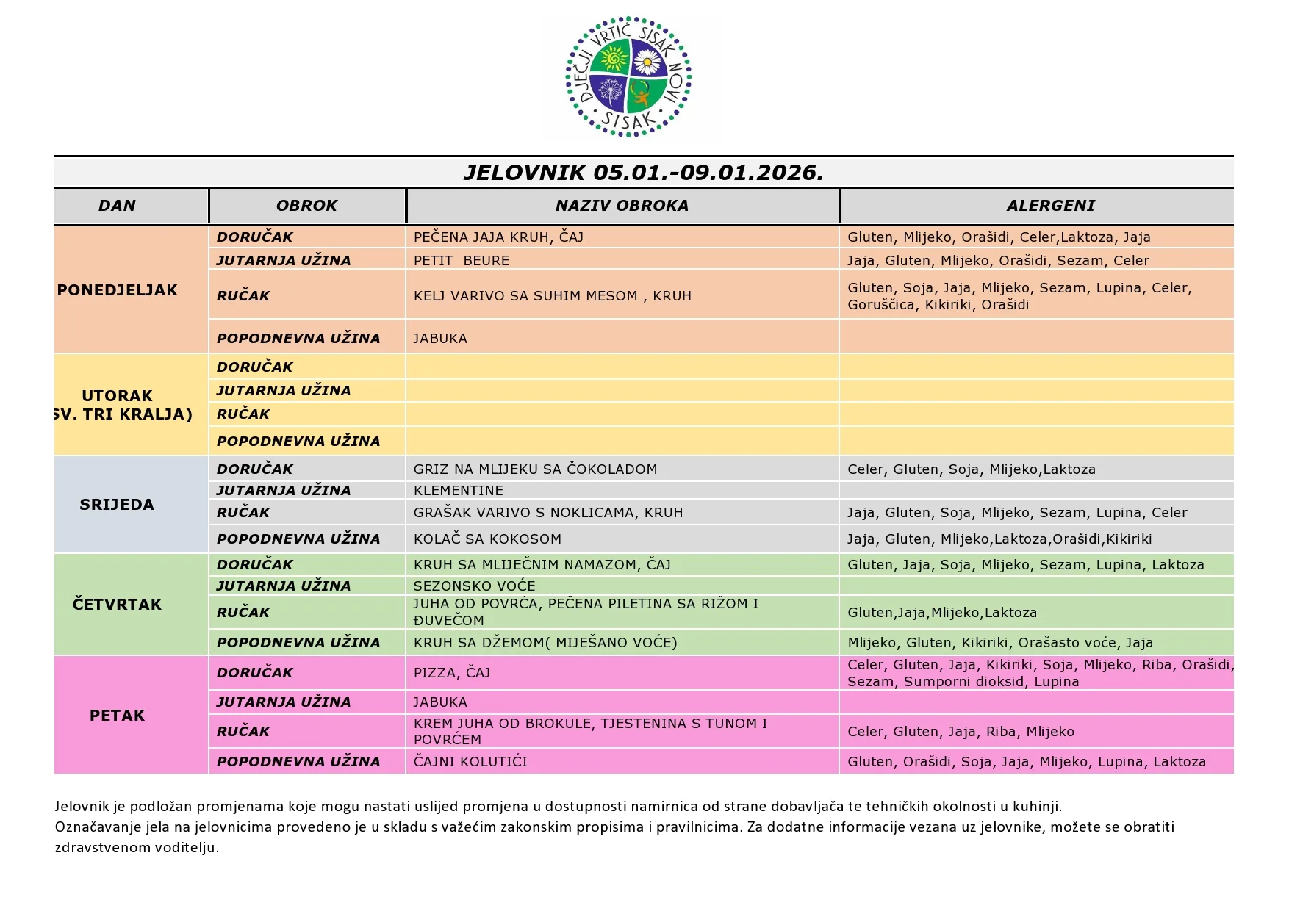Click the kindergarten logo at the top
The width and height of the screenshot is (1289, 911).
629,76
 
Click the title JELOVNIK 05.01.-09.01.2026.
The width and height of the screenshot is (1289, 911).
643,173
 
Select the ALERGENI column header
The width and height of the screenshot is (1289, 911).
1050,206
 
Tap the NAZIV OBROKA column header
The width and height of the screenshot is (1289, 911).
622,206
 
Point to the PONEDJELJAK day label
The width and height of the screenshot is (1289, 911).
118,290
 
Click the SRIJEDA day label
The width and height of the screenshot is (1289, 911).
117,505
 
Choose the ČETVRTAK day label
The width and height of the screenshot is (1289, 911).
117,605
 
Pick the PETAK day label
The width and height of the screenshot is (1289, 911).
117,716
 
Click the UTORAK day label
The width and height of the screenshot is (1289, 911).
117,396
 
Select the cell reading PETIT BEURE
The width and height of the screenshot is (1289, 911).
461,261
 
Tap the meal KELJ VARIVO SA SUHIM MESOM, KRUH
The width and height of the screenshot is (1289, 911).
552,296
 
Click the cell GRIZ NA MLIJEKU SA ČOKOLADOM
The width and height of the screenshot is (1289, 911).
535,469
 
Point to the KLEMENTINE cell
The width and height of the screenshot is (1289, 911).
458,491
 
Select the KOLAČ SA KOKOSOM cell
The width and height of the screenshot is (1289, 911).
487,539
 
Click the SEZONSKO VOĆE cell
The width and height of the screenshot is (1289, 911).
474,586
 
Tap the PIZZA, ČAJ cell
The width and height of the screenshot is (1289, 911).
451,673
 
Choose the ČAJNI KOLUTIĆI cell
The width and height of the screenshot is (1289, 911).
470,762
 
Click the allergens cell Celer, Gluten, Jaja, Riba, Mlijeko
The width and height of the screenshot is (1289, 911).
961,732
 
